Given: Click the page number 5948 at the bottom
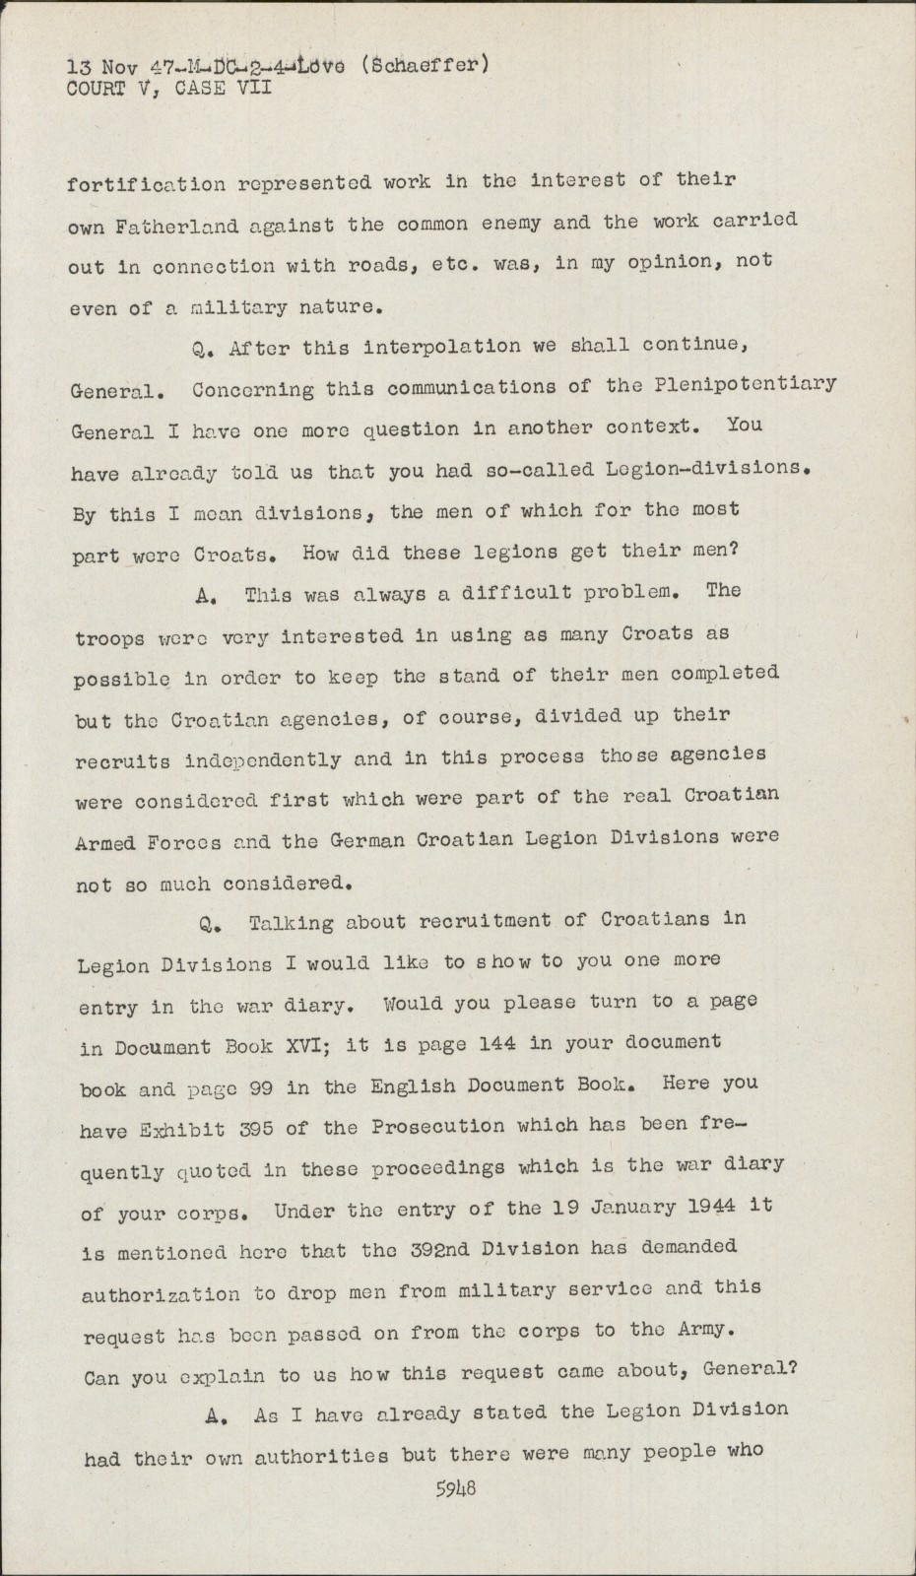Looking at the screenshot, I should pos(456,1488).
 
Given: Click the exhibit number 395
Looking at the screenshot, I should pos(258,1128).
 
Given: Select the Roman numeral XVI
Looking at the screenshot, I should pos(308,1045).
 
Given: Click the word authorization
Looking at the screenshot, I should pos(160,1294).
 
